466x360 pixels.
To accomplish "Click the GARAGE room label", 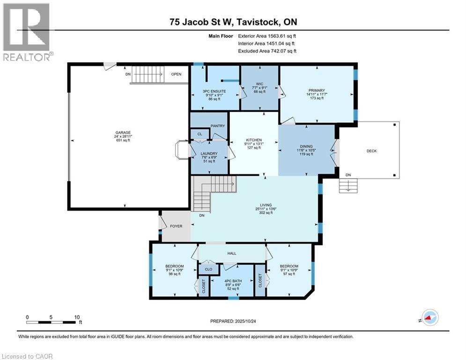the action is click(x=123, y=133).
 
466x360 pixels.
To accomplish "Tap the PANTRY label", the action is click(x=218, y=126).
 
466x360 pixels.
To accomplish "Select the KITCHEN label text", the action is click(x=254, y=140).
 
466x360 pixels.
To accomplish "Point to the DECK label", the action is click(x=371, y=151).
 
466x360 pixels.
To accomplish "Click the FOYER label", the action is click(x=176, y=226).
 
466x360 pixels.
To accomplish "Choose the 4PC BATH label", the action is click(x=233, y=281).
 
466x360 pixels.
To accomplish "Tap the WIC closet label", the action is click(x=259, y=84).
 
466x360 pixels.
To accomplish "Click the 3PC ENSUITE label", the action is click(x=215, y=91).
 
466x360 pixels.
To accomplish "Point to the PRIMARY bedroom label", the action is click(x=317, y=90).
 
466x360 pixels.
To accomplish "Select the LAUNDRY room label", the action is click(x=209, y=154).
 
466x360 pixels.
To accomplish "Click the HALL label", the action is click(x=232, y=254).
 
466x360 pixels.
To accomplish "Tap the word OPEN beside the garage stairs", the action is click(x=176, y=74).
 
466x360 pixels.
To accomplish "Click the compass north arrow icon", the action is click(x=430, y=318).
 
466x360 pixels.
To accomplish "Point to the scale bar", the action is click(x=51, y=322).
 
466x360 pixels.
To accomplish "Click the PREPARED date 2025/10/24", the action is click(x=245, y=321).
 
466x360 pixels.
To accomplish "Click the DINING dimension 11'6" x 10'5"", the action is click(x=306, y=150).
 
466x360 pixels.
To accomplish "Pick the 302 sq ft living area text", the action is click(x=266, y=213).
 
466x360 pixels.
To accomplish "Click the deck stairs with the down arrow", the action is click(x=348, y=186).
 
